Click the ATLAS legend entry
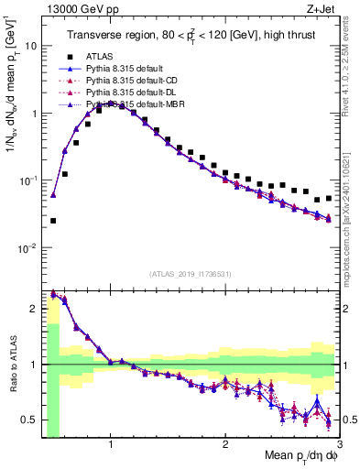(101, 58)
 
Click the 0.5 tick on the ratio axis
(30, 420)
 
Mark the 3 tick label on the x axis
(338, 444)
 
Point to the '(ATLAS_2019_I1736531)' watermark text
(190, 274)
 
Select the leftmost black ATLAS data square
(53, 221)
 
